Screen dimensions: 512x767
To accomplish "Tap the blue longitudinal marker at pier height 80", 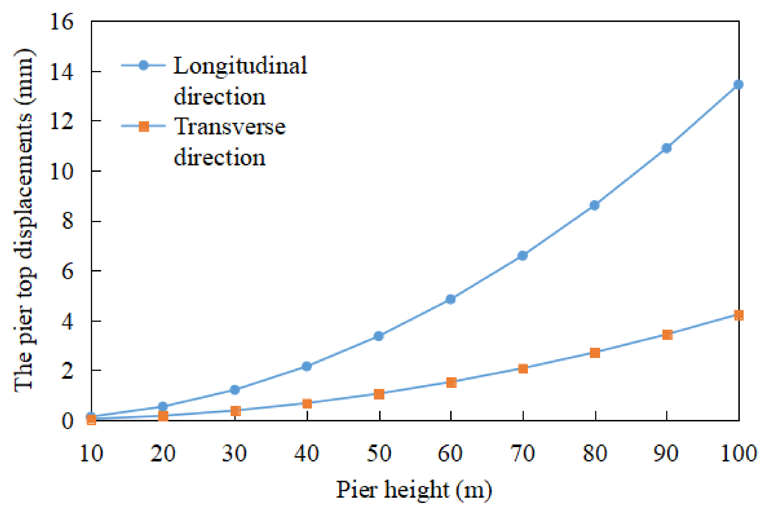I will pyautogui.click(x=594, y=206).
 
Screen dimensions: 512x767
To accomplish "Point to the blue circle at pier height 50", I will pyautogui.click(x=379, y=336).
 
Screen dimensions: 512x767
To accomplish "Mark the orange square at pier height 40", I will pyautogui.click(x=307, y=404).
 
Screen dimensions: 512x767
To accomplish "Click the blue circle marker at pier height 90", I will pyautogui.click(x=666, y=148).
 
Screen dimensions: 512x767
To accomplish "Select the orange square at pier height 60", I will pyautogui.click(x=451, y=382).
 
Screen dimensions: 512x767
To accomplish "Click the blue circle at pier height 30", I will pyautogui.click(x=235, y=390).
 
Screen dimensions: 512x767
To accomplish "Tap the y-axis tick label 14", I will pyautogui.click(x=61, y=72).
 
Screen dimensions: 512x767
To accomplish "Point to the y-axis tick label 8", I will pyautogui.click(x=68, y=222).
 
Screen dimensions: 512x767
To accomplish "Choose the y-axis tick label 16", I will pyautogui.click(x=61, y=22).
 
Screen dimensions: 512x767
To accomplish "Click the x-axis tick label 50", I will pyautogui.click(x=379, y=453).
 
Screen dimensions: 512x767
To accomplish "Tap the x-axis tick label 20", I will pyautogui.click(x=163, y=453).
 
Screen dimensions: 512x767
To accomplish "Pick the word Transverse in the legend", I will pyautogui.click(x=229, y=127).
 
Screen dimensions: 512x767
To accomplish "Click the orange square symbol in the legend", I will pyautogui.click(x=144, y=126).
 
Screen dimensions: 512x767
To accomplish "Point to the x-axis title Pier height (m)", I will pyautogui.click(x=414, y=490).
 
